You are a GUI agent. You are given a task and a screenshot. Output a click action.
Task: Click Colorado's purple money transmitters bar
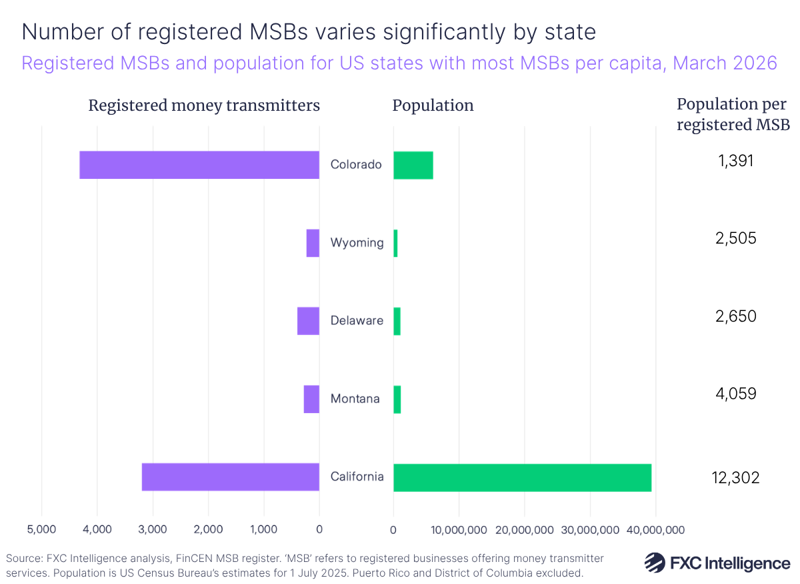(199, 165)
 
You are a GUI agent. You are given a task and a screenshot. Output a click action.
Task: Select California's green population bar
(522, 477)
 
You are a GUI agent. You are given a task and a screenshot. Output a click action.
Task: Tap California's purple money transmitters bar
(230, 477)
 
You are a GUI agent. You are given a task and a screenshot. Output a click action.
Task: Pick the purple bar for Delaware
(308, 321)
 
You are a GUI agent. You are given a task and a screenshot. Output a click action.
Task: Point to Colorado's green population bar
(413, 165)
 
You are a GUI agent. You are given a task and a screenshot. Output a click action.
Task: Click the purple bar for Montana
(311, 399)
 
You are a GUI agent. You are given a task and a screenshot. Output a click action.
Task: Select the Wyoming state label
(357, 243)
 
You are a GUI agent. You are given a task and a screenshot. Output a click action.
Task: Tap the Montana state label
(355, 399)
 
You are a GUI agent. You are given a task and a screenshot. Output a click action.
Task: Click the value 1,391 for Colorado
(733, 160)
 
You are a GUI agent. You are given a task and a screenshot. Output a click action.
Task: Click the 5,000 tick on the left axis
(42, 530)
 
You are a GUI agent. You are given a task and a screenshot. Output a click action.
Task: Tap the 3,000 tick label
(153, 530)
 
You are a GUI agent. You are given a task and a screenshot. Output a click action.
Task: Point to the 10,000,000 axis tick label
(459, 530)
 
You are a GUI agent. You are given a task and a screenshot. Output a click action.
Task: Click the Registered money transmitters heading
(204, 105)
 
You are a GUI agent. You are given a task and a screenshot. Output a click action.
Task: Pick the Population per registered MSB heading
(733, 114)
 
